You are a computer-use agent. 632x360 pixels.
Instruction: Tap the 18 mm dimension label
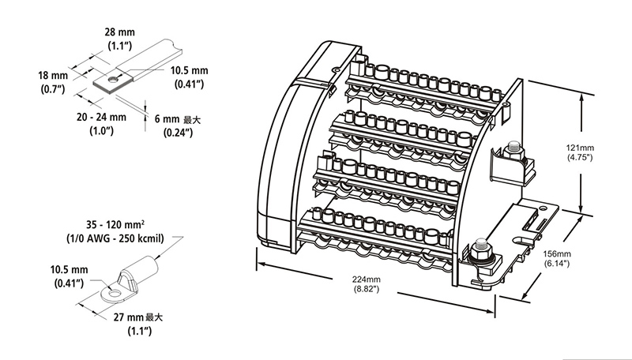[52, 75]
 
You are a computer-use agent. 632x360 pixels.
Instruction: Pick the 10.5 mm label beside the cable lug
[70, 268]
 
